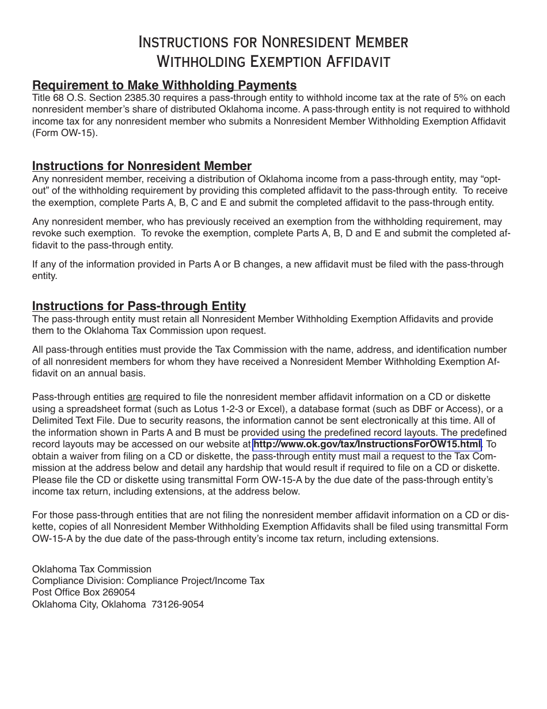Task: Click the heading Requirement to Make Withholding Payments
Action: pyautogui.click(x=164, y=85)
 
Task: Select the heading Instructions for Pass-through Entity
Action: pyautogui.click(x=139, y=306)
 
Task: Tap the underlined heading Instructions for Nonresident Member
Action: pyautogui.click(x=142, y=166)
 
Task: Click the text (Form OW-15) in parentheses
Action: pyautogui.click(x=65, y=133)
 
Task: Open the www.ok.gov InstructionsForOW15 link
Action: pyautogui.click(x=367, y=444)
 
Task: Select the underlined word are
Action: pyautogui.click(x=134, y=397)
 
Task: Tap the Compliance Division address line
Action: pyautogui.click(x=148, y=581)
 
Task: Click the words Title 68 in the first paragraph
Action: pyautogui.click(x=49, y=97)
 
